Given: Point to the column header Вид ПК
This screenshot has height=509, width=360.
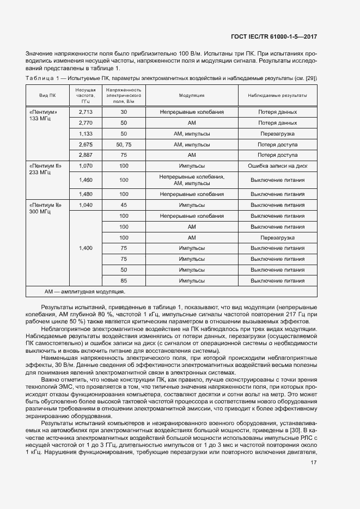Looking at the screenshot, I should pyautogui.click(x=47, y=95).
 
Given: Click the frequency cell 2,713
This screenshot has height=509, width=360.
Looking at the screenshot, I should pyautogui.click(x=86, y=112).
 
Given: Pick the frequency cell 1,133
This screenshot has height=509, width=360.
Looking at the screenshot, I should pyautogui.click(x=86, y=133).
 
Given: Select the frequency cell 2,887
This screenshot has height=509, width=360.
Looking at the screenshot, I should pyautogui.click(x=86, y=155).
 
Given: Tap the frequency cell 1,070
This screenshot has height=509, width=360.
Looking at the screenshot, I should pyautogui.click(x=86, y=165).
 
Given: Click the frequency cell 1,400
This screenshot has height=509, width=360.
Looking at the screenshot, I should pyautogui.click(x=86, y=248).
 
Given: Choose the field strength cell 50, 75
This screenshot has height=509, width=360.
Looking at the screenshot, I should pyautogui.click(x=124, y=144).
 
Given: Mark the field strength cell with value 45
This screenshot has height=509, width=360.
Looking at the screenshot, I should pyautogui.click(x=124, y=205).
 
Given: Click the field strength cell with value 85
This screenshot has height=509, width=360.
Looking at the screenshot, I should pyautogui.click(x=124, y=280).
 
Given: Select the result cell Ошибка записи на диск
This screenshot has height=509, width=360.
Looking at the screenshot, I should pyautogui.click(x=278, y=165).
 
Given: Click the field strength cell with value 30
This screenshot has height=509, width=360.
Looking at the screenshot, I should pyautogui.click(x=124, y=112).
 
